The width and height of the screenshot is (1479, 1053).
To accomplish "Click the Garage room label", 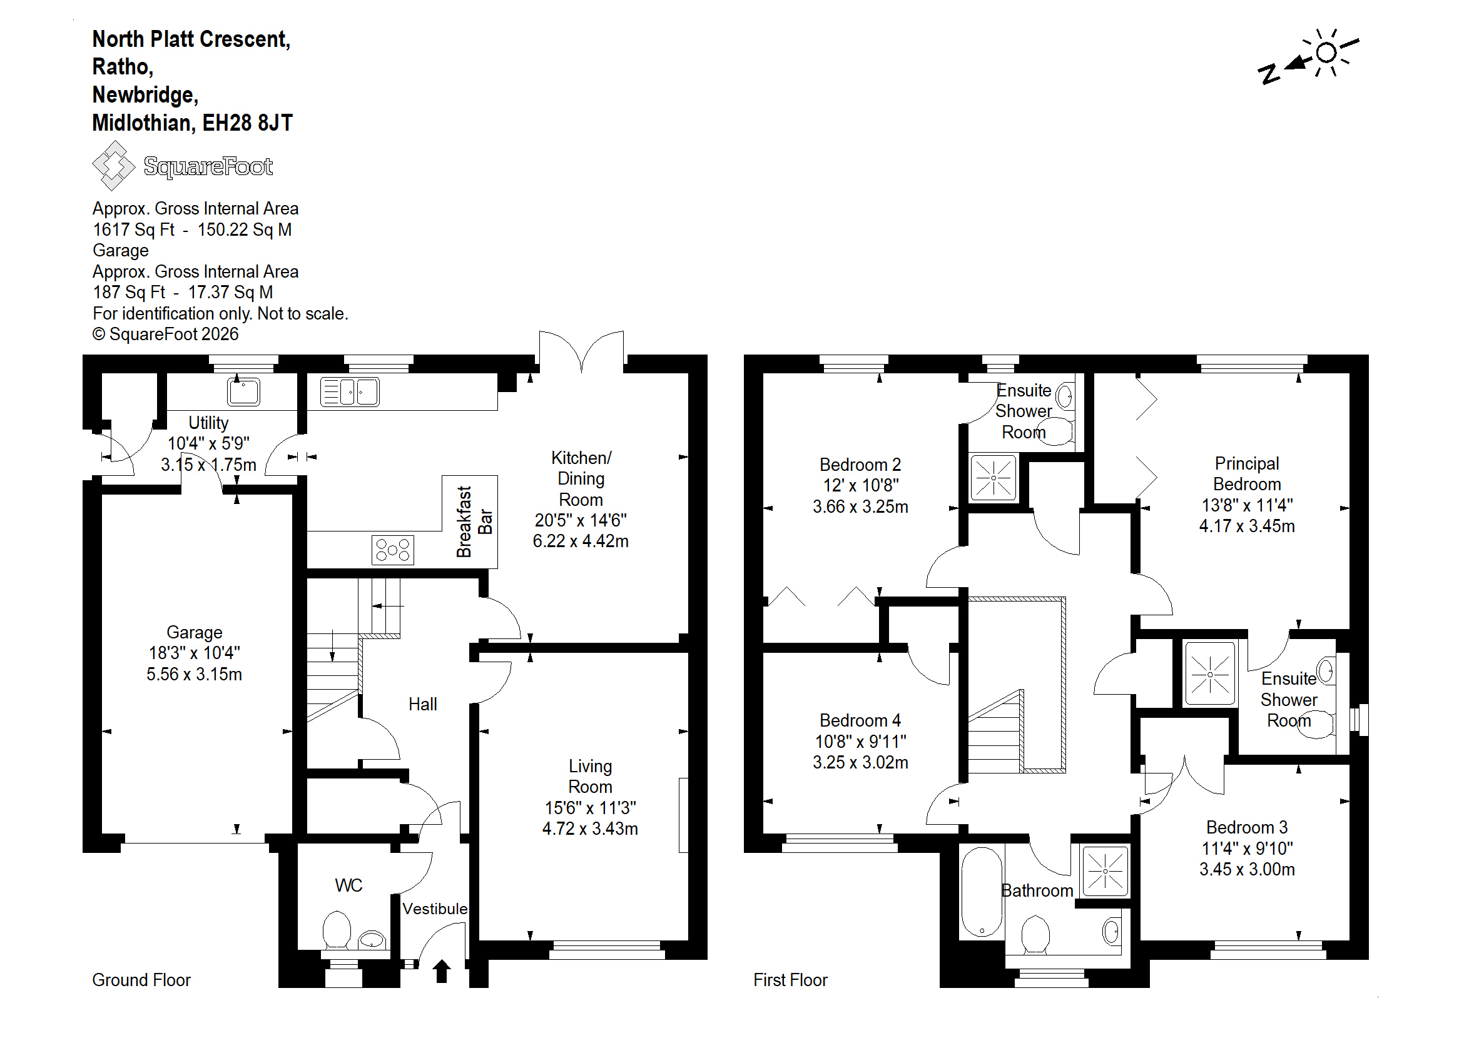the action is pyautogui.click(x=194, y=632).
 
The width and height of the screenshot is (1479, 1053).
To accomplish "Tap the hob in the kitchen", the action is pyautogui.click(x=393, y=550).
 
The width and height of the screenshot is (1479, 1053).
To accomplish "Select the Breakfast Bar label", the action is pyautogui.click(x=474, y=522).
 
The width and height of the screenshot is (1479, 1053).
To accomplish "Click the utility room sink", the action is pyautogui.click(x=244, y=391).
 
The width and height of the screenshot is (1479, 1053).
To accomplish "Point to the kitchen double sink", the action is pyautogui.click(x=350, y=391).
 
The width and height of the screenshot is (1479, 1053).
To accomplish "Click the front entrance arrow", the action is pyautogui.click(x=442, y=970).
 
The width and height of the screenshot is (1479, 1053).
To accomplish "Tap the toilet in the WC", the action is pyautogui.click(x=337, y=930).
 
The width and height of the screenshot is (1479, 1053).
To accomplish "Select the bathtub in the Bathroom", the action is pyautogui.click(x=982, y=892).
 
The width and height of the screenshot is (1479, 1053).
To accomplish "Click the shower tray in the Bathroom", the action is pyautogui.click(x=1105, y=871).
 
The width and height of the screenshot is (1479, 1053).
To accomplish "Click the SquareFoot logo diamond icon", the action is pyautogui.click(x=113, y=166).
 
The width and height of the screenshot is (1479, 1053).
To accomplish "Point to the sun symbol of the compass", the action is pyautogui.click(x=1327, y=53).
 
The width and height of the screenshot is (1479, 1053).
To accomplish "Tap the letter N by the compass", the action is pyautogui.click(x=1269, y=74).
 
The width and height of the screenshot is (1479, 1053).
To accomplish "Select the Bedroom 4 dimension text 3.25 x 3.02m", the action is pyautogui.click(x=860, y=762).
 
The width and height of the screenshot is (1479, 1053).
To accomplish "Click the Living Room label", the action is pyautogui.click(x=591, y=776).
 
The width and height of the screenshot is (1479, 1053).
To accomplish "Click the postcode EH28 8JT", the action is pyautogui.click(x=248, y=123).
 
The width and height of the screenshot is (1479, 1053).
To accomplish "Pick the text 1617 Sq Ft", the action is pyautogui.click(x=134, y=229).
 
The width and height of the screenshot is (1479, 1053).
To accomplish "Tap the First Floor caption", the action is pyautogui.click(x=790, y=980).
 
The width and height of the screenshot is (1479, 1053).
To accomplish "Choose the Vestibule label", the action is pyautogui.click(x=435, y=909).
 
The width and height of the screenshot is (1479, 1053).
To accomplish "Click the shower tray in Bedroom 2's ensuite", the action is pyautogui.click(x=993, y=478).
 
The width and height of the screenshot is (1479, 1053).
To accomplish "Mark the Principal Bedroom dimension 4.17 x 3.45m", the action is pyautogui.click(x=1247, y=526).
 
